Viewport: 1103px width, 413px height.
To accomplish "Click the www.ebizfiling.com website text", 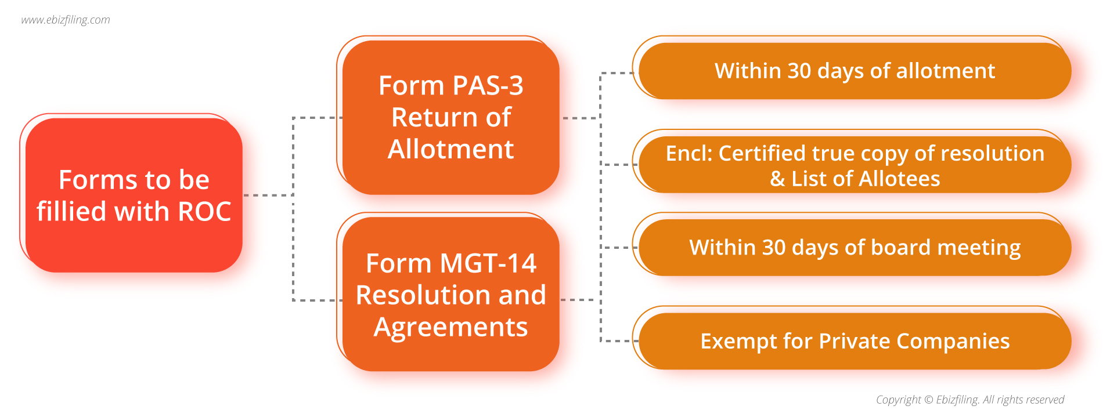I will (x=66, y=20).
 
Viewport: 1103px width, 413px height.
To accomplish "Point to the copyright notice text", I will (x=969, y=400).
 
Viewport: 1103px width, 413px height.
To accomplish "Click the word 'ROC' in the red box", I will (x=204, y=212).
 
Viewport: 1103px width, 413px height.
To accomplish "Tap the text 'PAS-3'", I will (x=487, y=86).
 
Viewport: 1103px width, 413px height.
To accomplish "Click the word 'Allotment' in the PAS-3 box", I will (x=450, y=149).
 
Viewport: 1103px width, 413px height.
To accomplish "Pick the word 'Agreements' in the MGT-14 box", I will (x=450, y=327).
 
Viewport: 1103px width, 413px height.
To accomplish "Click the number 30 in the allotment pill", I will (x=799, y=71).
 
